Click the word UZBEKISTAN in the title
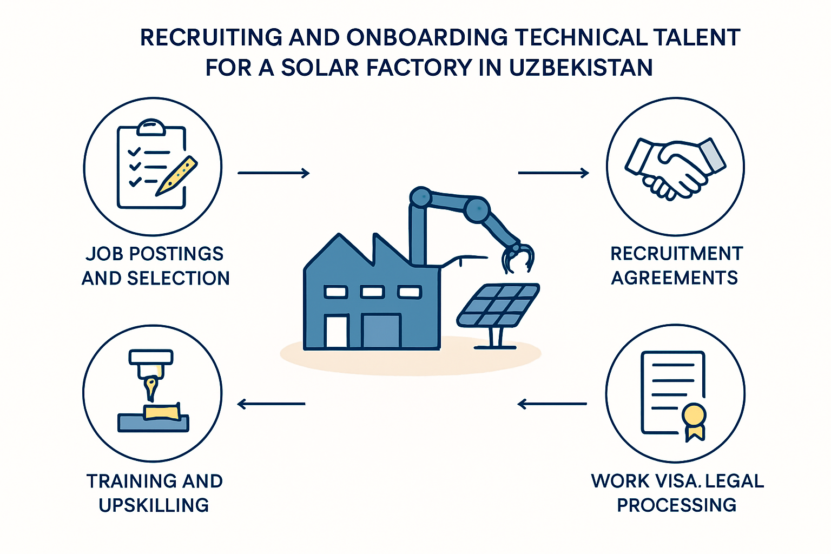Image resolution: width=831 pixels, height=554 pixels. tap(581, 68)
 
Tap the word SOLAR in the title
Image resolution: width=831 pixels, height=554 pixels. tap(320, 68)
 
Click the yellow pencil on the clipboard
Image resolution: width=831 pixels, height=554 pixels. tap(176, 175)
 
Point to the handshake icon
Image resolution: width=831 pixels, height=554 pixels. tap(675, 169)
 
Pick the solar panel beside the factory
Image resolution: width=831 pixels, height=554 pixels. tap(498, 315)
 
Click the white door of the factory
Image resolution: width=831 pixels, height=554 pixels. tap(337, 331)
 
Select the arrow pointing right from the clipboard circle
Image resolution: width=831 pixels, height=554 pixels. tap(273, 173)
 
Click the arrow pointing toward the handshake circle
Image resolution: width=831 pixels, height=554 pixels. tap(553, 173)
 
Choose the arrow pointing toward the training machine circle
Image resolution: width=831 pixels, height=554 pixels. tap(271, 404)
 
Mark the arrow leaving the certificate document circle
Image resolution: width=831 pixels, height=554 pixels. tap(552, 404)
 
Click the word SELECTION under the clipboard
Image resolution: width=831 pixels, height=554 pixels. tap(179, 278)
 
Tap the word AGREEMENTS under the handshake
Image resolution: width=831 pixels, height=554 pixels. tap(675, 278)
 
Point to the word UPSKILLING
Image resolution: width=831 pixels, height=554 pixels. tap(154, 505)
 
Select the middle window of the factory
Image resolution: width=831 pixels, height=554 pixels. tap(372, 292)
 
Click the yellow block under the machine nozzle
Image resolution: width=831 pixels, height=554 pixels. tap(162, 412)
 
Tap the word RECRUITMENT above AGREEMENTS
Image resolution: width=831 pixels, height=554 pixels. tap(677, 254)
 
